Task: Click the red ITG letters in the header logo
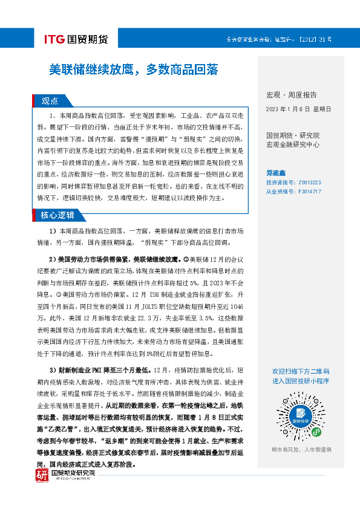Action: pos(56,40)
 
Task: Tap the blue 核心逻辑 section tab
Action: pos(57,215)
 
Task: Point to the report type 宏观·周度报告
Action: pos(291,95)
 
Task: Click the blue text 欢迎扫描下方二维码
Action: pos(301,371)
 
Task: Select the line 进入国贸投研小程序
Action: pos(301,381)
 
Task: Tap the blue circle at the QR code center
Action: pos(301,416)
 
